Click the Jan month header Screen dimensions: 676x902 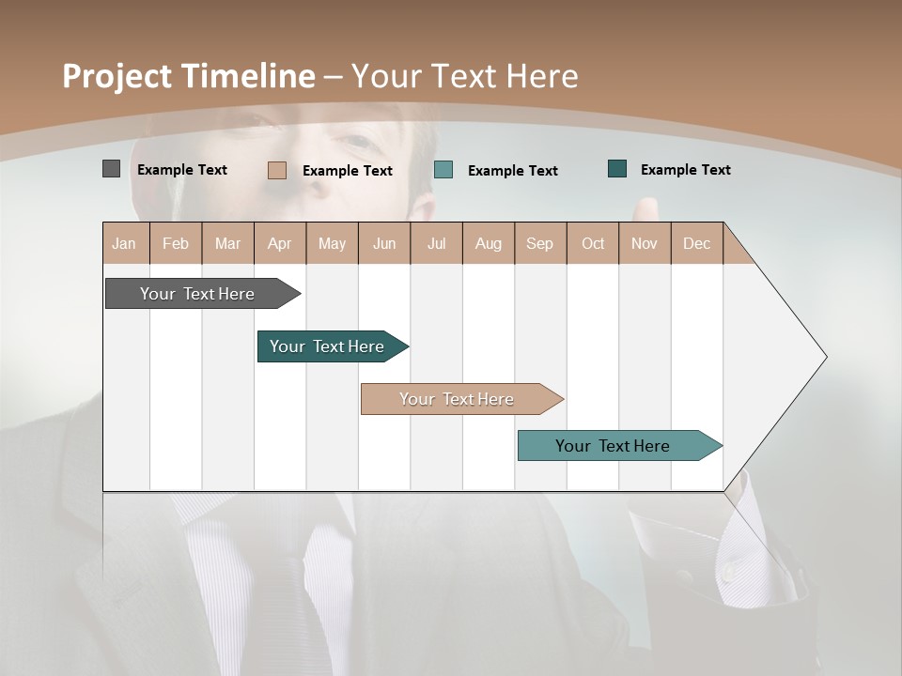125,243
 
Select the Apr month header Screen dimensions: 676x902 280,243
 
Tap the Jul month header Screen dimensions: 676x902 436,243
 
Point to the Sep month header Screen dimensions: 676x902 539,243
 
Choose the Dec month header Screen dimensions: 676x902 696,243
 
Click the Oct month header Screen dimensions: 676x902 592,243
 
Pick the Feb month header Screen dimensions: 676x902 176,243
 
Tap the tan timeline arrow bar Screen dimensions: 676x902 458,399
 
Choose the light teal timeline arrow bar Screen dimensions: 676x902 614,446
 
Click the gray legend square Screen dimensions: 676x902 111,169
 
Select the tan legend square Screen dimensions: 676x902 276,170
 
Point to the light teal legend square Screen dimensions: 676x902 443,170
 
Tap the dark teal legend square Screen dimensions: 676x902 617,169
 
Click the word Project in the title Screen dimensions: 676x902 117,76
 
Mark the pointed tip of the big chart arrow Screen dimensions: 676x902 825,357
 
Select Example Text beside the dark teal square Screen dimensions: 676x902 685,170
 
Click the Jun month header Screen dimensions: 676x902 384,243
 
